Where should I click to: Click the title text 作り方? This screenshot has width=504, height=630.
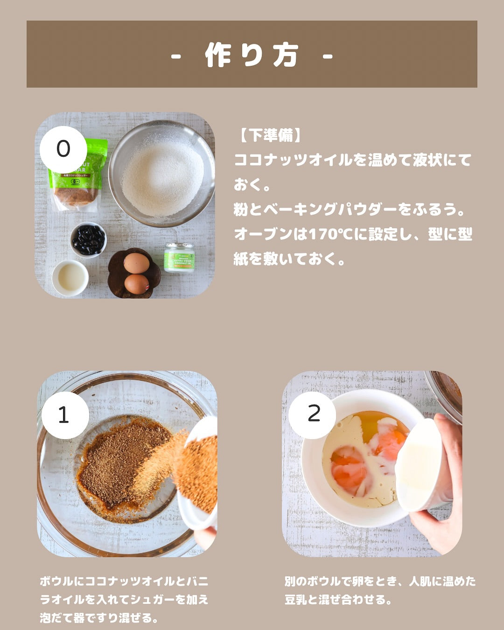point(252,55)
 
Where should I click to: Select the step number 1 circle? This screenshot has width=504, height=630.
point(65,415)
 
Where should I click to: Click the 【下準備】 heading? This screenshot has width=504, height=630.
point(270,135)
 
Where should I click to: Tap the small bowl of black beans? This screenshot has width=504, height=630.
point(89,240)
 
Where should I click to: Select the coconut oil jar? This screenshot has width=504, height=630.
point(179,258)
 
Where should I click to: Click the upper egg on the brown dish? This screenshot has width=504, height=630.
point(136,263)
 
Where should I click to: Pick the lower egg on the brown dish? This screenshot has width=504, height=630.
point(137,284)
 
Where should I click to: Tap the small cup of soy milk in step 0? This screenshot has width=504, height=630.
point(70,278)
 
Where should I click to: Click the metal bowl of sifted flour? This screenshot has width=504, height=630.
point(161,173)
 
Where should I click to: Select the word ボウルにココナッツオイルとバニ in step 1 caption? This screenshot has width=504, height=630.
point(124,581)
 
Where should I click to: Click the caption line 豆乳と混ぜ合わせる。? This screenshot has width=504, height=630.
point(338,599)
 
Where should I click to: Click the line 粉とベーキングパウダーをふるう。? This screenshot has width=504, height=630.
point(349,210)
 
